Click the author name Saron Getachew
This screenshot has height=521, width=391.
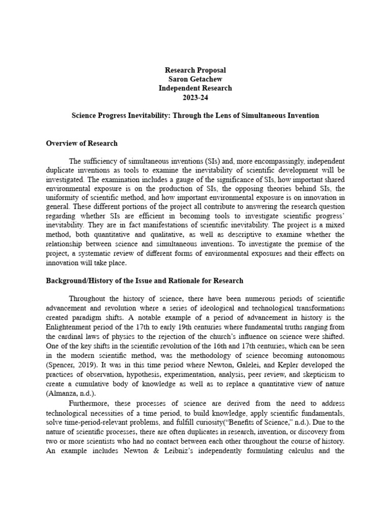pyautogui.click(x=195, y=79)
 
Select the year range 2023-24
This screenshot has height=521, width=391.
pyautogui.click(x=195, y=97)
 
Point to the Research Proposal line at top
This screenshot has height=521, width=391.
pyautogui.click(x=195, y=70)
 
